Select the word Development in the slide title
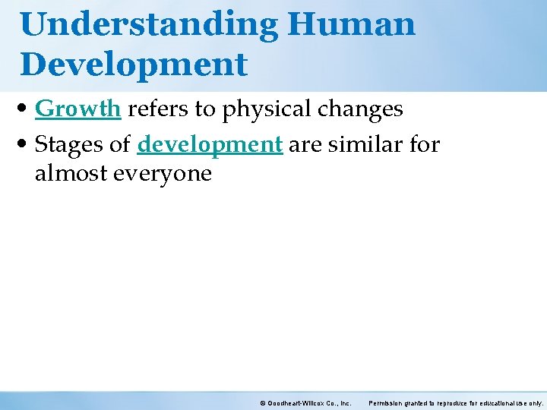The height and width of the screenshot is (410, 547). click(134, 64)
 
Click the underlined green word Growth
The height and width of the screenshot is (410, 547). click(78, 109)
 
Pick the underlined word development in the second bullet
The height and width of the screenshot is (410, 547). click(210, 143)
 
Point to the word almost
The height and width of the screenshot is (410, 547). click(71, 174)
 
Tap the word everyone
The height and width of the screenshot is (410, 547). click(162, 174)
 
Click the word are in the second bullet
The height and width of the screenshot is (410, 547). click(305, 143)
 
